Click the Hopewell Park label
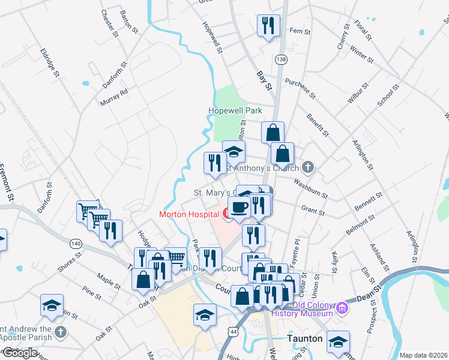click(235, 111)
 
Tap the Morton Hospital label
click(188, 214)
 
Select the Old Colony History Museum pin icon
click(343, 308)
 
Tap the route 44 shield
click(232, 331)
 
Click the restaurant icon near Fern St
click(268, 26)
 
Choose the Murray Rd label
click(115, 97)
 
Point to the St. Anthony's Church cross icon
click(308, 167)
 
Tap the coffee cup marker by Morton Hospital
click(240, 208)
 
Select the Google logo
click(19, 352)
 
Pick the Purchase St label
click(301, 89)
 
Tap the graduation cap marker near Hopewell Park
click(234, 152)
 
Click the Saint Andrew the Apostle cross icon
click(60, 331)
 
